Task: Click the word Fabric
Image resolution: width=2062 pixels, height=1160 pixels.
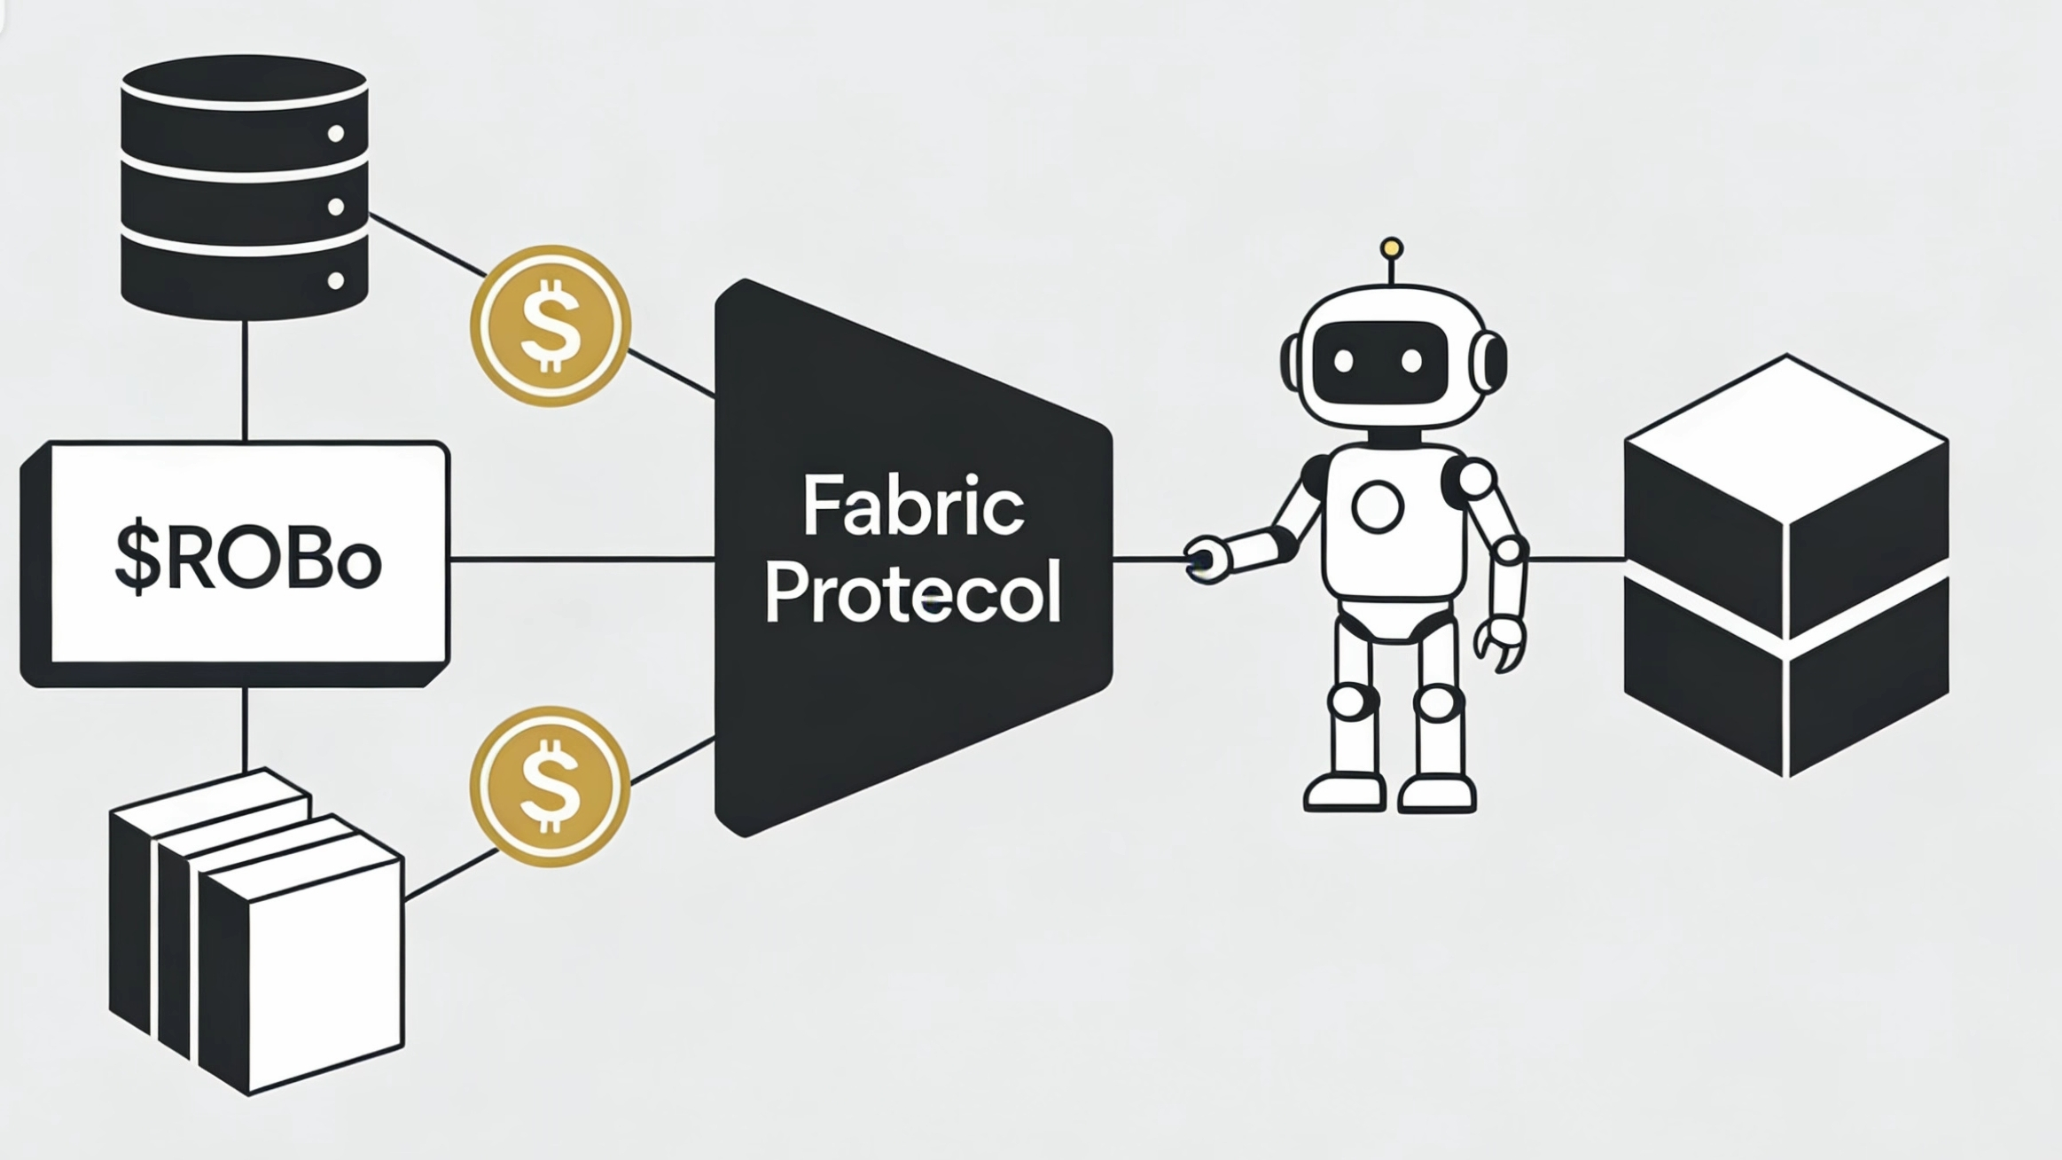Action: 913,506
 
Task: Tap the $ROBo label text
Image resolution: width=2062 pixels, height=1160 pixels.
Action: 248,560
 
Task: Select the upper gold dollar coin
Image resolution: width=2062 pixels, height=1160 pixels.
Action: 551,325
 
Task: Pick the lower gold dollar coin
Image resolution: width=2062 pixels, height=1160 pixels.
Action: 551,787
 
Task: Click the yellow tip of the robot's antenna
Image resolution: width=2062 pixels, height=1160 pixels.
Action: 1392,247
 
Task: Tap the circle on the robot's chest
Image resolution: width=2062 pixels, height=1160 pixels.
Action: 1378,506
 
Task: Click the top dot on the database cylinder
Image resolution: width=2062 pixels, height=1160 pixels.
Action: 336,134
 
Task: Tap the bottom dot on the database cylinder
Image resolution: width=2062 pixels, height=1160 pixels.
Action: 336,281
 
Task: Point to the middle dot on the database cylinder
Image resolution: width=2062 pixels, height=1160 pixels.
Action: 336,208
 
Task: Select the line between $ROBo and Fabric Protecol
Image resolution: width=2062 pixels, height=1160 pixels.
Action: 582,560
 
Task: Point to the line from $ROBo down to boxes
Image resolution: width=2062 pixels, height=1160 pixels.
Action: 245,727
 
